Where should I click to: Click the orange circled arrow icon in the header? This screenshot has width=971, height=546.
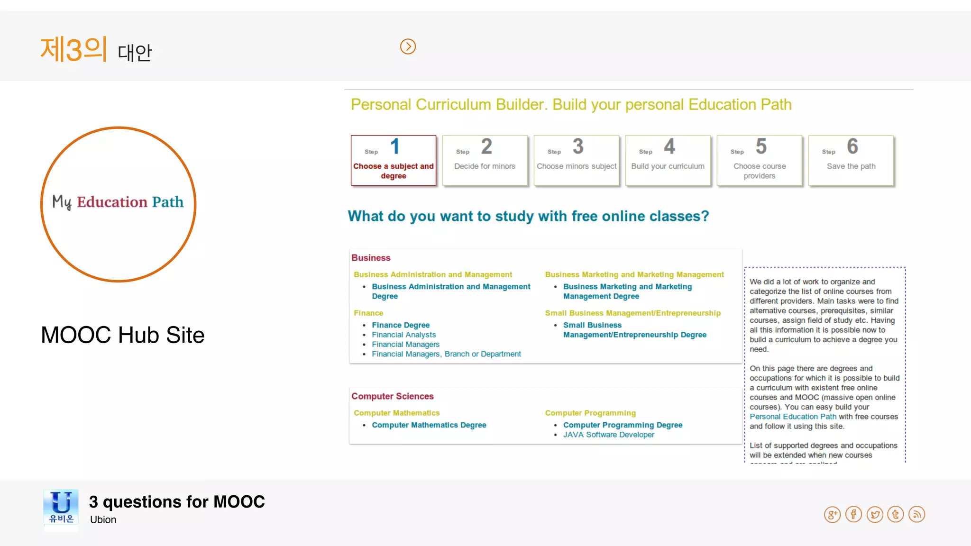pos(408,46)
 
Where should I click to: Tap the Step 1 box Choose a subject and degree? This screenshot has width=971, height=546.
pos(393,160)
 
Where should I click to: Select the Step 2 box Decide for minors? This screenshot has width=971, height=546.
pos(485,160)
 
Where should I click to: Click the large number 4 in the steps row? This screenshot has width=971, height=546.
pos(669,146)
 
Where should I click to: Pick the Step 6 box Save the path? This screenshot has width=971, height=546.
pos(851,160)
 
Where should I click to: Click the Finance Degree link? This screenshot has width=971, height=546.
pos(401,325)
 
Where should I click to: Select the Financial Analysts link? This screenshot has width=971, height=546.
pos(403,335)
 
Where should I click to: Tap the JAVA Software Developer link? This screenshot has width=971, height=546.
pos(608,435)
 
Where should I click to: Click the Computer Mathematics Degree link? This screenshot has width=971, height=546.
pos(429,425)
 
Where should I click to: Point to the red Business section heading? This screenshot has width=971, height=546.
pos(371,258)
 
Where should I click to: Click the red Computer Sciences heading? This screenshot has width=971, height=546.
pos(392,396)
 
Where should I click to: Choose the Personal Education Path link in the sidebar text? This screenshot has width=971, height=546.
pos(793,417)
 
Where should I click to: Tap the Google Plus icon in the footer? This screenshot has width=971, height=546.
pos(832,514)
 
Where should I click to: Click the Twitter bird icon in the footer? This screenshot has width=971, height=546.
pos(875,514)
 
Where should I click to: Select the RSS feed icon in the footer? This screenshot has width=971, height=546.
pos(917,514)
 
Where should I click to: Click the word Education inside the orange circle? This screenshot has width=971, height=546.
pos(112,202)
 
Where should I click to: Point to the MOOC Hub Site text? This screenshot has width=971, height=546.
pos(122,335)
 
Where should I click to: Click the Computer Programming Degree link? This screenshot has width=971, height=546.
pos(623,425)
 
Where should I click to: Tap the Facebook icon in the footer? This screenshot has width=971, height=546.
pos(853,514)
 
